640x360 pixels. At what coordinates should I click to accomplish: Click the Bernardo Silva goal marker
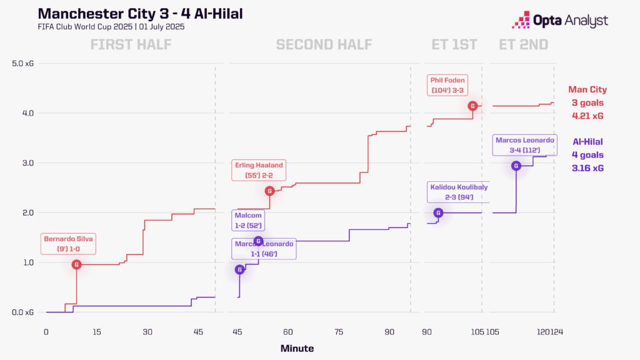76,264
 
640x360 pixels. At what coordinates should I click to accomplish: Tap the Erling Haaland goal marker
269,191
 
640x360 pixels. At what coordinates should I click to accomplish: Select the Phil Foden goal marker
473,106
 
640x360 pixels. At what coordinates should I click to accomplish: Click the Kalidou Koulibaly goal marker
438,212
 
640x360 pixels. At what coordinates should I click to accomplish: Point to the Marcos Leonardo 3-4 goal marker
516,166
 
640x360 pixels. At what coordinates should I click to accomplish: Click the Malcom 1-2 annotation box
247,219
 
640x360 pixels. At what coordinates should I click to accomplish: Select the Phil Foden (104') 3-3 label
447,85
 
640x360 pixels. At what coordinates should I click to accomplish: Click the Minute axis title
297,348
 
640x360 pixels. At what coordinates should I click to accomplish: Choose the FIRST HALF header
131,44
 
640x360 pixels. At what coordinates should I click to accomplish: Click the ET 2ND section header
523,44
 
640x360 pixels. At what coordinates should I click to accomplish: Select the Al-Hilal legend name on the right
587,142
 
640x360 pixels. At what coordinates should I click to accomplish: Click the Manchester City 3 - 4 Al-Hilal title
141,13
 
